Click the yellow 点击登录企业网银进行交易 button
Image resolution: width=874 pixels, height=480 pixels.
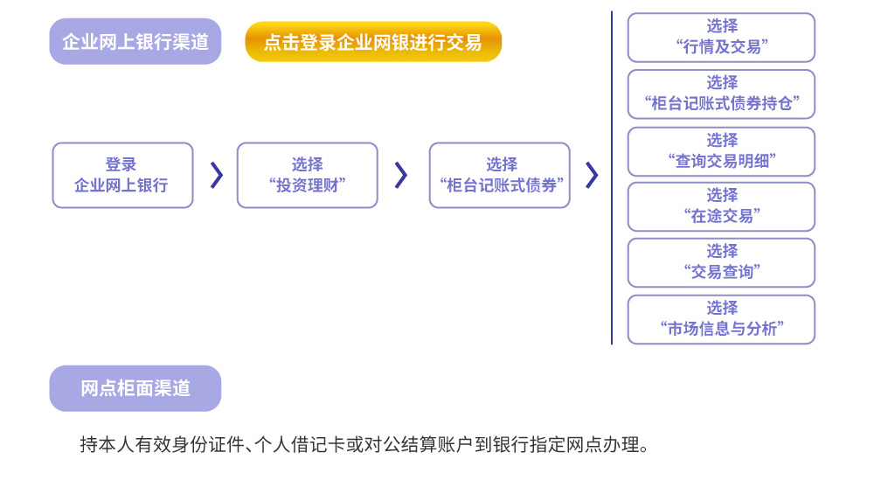[373, 42]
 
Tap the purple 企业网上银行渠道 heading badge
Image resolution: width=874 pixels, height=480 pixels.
[135, 41]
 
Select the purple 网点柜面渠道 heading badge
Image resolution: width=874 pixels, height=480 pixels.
[135, 388]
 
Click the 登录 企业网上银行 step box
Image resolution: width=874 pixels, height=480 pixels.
[122, 175]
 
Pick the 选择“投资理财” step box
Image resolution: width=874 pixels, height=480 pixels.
[307, 175]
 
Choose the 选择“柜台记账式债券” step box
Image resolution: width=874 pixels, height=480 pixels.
[499, 175]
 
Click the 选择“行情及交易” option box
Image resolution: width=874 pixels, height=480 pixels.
[721, 38]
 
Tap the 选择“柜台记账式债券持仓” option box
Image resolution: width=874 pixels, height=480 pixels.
[721, 94]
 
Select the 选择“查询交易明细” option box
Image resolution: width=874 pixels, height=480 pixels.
[721, 151]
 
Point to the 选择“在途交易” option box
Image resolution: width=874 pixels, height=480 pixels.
[721, 207]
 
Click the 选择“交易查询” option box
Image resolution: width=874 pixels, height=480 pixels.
[721, 262]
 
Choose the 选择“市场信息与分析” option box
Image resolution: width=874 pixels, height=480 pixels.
[721, 319]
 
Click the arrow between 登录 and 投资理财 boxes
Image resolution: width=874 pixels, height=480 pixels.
[217, 175]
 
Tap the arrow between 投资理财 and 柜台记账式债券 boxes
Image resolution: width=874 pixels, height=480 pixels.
[401, 175]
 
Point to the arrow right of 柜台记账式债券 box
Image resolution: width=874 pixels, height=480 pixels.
[592, 175]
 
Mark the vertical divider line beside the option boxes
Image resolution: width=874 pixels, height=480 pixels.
[612, 177]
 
